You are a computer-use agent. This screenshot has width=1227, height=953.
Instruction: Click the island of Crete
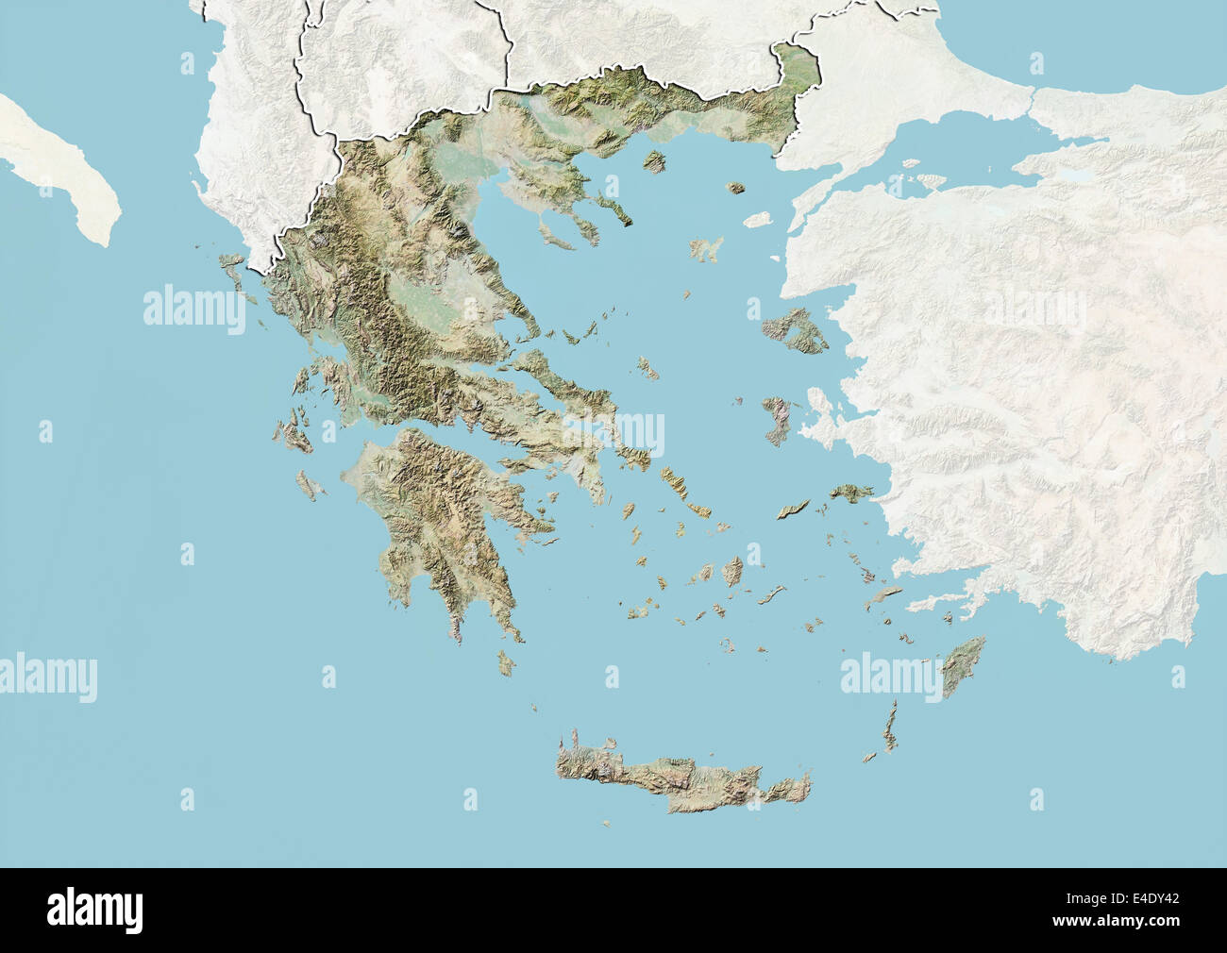pos(680,778)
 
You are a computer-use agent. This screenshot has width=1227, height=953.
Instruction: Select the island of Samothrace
pos(735,189)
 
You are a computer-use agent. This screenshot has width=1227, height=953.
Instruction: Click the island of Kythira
pos(507,664)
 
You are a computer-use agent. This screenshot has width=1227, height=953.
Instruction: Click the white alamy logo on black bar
pos(95,910)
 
